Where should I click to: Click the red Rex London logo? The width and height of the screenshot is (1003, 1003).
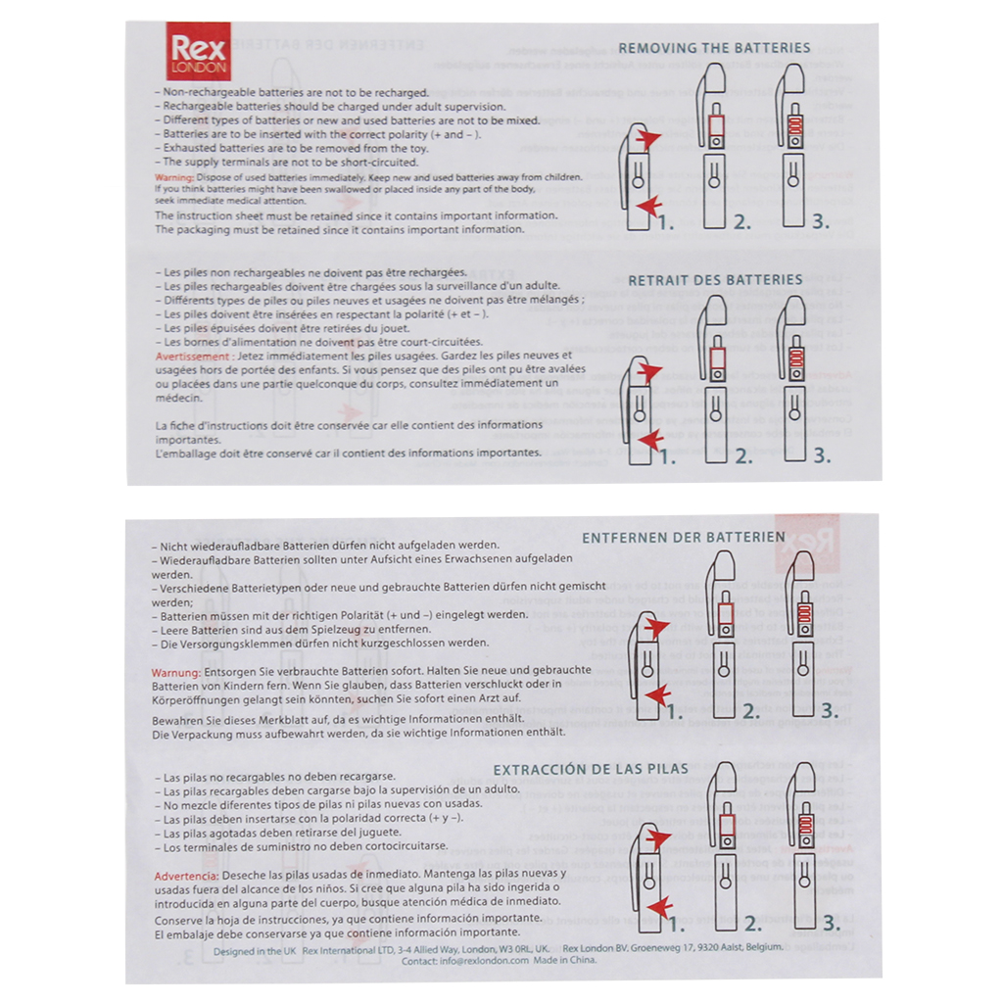click(199, 52)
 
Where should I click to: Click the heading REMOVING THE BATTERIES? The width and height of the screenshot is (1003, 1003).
click(714, 48)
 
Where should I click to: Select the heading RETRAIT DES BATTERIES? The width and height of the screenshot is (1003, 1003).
click(715, 280)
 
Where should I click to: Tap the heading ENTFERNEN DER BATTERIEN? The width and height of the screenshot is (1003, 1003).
click(683, 537)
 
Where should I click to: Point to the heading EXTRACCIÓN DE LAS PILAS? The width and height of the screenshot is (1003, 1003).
click(590, 769)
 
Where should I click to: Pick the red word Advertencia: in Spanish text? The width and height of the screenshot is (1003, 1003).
click(186, 873)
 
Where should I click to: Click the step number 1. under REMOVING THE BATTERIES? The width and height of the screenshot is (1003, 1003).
click(666, 222)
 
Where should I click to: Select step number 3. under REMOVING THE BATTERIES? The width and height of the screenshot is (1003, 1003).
click(820, 222)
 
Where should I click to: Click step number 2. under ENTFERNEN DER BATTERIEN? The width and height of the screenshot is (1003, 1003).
click(751, 712)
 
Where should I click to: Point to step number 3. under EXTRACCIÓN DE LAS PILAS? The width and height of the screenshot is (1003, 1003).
click(831, 922)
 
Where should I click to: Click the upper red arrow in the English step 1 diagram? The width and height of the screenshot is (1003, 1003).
click(646, 140)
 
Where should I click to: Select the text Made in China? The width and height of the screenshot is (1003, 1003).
click(565, 961)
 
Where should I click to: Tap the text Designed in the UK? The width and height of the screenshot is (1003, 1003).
click(254, 948)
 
